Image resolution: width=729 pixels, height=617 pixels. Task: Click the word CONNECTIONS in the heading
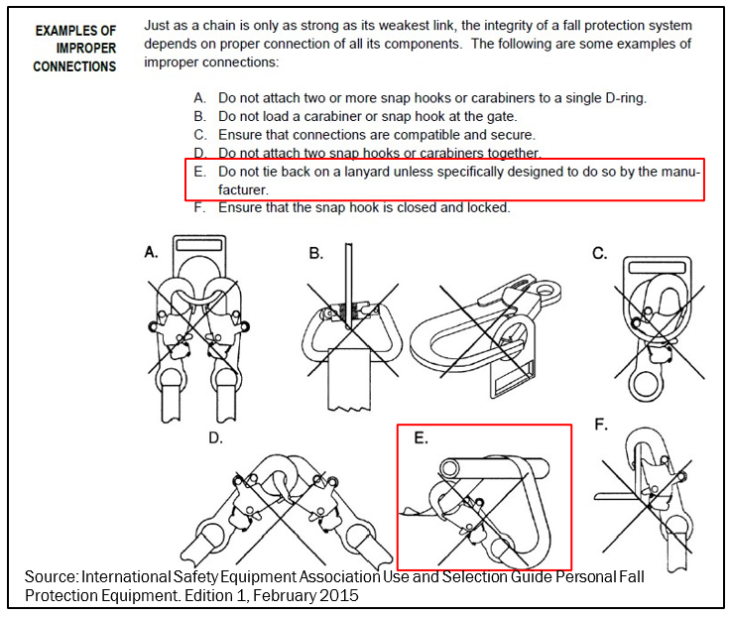point(74,66)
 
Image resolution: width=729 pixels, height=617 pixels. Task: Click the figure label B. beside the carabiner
point(315,254)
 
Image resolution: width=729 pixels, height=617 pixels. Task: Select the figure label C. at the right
point(600,254)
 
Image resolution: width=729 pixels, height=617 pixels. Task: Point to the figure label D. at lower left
point(215,437)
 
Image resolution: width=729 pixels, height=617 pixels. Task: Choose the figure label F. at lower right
point(600,425)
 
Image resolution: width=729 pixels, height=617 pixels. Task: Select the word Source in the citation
point(52,576)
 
